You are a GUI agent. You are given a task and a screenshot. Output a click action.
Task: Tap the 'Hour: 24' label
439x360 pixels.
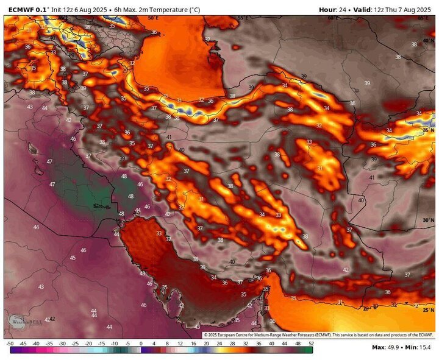[335, 9]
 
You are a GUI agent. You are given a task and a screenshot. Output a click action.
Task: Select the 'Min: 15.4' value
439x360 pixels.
[420, 347]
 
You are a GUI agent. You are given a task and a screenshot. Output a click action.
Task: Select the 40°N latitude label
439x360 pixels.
[428, 41]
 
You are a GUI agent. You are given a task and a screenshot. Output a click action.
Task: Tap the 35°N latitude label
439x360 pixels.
[428, 130]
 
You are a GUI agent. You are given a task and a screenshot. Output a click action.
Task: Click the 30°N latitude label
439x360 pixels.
[428, 220]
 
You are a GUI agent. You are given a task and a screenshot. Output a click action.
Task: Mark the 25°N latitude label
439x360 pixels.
[428, 309]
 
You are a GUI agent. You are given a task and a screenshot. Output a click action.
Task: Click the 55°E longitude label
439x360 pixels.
[243, 18]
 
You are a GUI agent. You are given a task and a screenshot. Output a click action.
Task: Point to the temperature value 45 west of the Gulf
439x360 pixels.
[73, 258]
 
